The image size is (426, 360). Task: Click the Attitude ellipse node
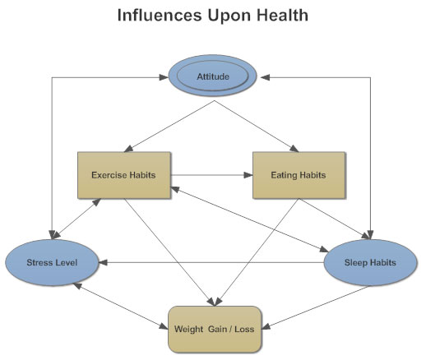pos(212,76)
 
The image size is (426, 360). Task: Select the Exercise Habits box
pos(124,175)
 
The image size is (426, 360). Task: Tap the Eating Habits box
pos(299,175)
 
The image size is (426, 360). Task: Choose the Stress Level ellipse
pos(52,262)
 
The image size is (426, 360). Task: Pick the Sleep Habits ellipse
pos(370,262)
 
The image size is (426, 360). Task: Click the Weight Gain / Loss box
pos(215,329)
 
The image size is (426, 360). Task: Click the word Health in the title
pos(282,15)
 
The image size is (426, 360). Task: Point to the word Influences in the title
pos(160,15)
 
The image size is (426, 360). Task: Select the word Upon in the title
pos(229,16)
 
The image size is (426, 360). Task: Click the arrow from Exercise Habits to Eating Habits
pos(211,175)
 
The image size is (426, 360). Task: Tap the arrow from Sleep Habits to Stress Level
pos(211,262)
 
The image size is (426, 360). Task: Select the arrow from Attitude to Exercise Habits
pos(169,127)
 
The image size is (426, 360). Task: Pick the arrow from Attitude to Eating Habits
pos(257,127)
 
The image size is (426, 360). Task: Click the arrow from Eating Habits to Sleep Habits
pos(335,219)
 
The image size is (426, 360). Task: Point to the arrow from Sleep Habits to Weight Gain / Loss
pos(315,307)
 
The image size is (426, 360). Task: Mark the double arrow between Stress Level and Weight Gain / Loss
pos(120,306)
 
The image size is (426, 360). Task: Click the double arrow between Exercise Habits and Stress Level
pos(76,219)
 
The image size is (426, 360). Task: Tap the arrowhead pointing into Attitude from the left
pos(164,77)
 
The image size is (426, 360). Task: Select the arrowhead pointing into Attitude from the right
pos(266,77)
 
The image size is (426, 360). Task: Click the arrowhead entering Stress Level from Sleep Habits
pos(103,262)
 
